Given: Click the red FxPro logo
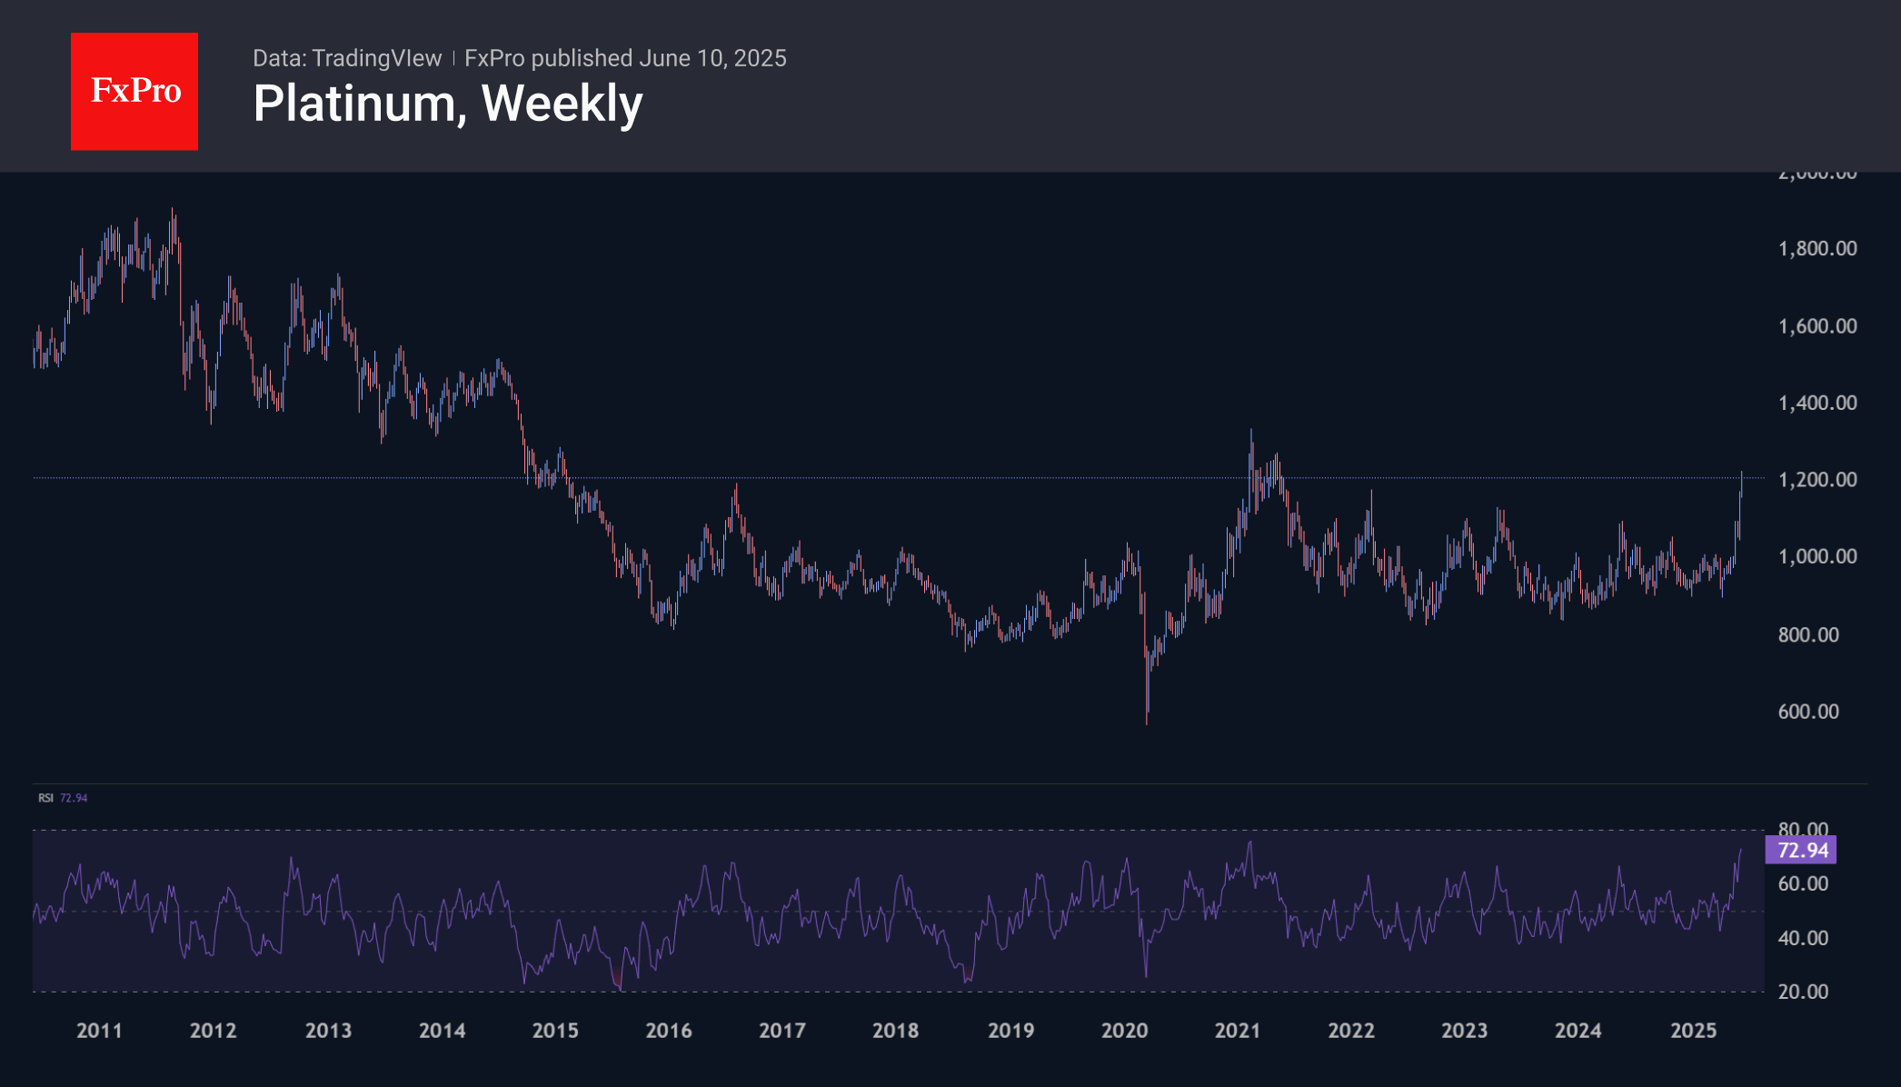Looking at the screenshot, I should pos(134,92).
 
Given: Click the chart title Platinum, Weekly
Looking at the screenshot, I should pos(447,104).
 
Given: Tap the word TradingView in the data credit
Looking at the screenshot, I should pos(376,58).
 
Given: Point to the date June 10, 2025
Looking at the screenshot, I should pos(712,58).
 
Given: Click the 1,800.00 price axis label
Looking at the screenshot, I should pos(1816,249).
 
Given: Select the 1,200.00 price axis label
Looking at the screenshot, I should pos(1816,480).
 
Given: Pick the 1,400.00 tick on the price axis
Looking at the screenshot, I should pos(1816,403).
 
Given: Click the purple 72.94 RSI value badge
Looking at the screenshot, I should pos(1802,851).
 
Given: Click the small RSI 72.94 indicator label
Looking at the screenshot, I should pos(63,798).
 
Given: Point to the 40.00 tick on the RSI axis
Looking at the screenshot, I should pos(1802,938).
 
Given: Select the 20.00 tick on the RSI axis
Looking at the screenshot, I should pos(1802,992).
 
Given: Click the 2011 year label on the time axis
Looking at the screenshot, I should pos(99,1031).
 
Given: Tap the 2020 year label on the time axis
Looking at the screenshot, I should pos(1124,1031).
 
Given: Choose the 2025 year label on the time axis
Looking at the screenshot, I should pos(1693,1031).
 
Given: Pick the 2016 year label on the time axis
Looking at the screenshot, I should pos(669,1031).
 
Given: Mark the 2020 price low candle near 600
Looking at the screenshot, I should pos(1147,713).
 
